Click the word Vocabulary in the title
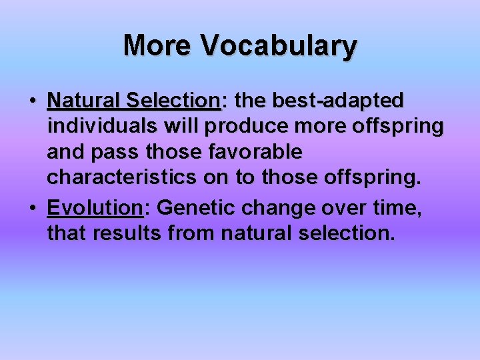coord(279,46)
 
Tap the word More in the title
coord(158,46)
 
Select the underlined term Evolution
coord(95,208)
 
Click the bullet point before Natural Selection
coord(33,101)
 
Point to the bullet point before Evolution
coord(33,209)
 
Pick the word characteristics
coord(121,179)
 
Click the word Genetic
coord(195,208)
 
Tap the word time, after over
coord(399,208)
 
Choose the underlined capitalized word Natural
coord(83,101)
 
